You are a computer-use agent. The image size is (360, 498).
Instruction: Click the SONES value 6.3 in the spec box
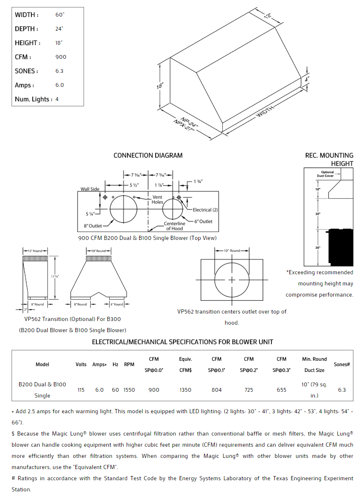pyautogui.click(x=59, y=71)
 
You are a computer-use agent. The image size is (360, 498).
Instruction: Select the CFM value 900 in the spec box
pyautogui.click(x=60, y=57)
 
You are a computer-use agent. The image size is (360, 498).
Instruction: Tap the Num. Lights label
pyautogui.click(x=33, y=99)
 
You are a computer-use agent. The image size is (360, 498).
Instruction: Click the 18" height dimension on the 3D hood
pyautogui.click(x=160, y=86)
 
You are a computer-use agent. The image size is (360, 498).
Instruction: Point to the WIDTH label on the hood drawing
pyautogui.click(x=265, y=111)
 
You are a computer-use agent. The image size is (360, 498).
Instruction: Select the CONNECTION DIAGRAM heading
pyautogui.click(x=148, y=156)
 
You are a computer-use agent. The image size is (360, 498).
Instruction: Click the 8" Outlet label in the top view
pyautogui.click(x=93, y=226)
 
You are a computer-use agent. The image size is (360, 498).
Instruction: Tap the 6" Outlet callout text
pyautogui.click(x=203, y=221)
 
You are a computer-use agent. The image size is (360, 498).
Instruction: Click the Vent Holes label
pyautogui.click(x=157, y=199)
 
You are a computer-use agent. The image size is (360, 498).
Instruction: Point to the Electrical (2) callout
pyautogui.click(x=205, y=210)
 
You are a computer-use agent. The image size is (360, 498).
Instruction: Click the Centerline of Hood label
pyautogui.click(x=174, y=226)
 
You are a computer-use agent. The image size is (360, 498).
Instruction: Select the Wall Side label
pyautogui.click(x=90, y=189)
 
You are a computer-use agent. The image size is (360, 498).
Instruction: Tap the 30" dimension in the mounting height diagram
pyautogui.click(x=317, y=214)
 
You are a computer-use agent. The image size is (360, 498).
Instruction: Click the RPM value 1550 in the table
pyautogui.click(x=129, y=390)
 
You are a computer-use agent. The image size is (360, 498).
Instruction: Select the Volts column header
pyautogui.click(x=81, y=364)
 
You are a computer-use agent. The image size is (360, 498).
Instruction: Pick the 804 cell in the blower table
pyautogui.click(x=216, y=390)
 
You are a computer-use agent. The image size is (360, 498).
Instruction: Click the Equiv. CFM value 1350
pyautogui.click(x=185, y=390)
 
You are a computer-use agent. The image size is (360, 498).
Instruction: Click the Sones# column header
pyautogui.click(x=342, y=364)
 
